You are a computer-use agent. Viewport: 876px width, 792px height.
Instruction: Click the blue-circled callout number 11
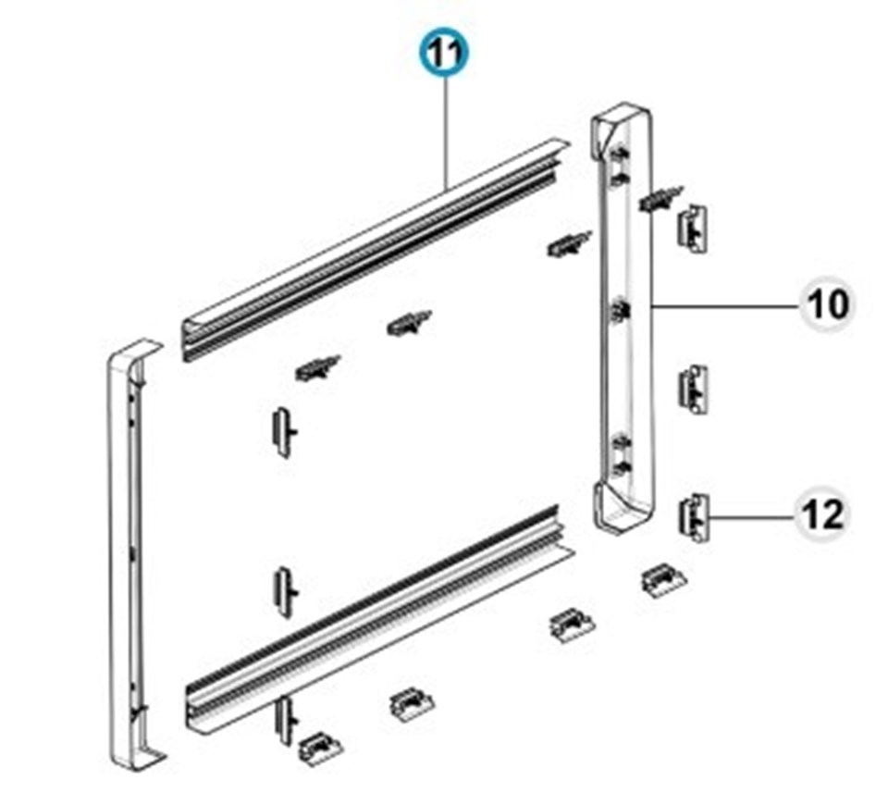445,53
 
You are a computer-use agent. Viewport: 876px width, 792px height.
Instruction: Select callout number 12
821,514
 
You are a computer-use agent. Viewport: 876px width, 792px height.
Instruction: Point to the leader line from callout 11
446,133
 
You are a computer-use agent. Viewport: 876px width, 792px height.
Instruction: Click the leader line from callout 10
726,305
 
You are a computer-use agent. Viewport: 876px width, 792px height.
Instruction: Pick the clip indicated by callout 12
694,517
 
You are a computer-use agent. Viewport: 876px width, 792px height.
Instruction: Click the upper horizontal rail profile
376,249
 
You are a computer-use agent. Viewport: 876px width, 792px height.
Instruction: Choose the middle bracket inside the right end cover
619,311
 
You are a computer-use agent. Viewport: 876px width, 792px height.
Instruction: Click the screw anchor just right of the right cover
660,198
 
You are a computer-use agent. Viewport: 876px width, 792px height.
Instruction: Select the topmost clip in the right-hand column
692,228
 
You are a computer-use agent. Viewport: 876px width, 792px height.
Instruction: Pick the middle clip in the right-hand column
692,390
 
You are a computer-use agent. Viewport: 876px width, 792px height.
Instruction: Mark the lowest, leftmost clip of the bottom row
321,749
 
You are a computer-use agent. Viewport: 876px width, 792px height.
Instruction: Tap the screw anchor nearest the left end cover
317,367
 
